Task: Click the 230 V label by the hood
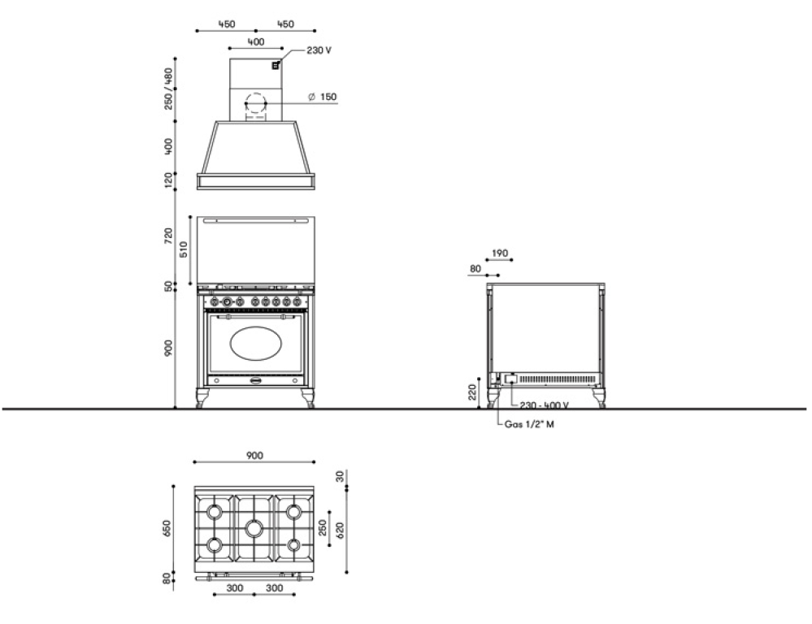pyautogui.click(x=319, y=50)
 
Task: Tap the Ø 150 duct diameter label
pyautogui.click(x=322, y=97)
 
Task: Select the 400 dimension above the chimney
pyautogui.click(x=256, y=42)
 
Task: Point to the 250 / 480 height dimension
pyautogui.click(x=168, y=89)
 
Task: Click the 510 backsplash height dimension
pyautogui.click(x=184, y=249)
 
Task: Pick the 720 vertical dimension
pyautogui.click(x=168, y=236)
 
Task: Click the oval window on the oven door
pyautogui.click(x=256, y=344)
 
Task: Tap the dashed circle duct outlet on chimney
pyautogui.click(x=254, y=103)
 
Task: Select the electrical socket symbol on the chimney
pyautogui.click(x=276, y=66)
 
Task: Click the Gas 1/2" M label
pyautogui.click(x=529, y=425)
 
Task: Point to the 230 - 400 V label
pyautogui.click(x=544, y=405)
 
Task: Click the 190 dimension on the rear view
pyautogui.click(x=500, y=253)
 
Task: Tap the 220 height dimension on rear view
pyautogui.click(x=472, y=392)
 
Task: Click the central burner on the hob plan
pyautogui.click(x=254, y=528)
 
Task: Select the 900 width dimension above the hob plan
pyautogui.click(x=254, y=456)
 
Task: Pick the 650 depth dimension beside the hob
pyautogui.click(x=167, y=529)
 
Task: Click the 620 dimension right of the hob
pyautogui.click(x=341, y=531)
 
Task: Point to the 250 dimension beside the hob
pyautogui.click(x=323, y=528)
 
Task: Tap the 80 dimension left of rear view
pyautogui.click(x=475, y=269)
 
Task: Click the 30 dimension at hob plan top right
pyautogui.click(x=341, y=476)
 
